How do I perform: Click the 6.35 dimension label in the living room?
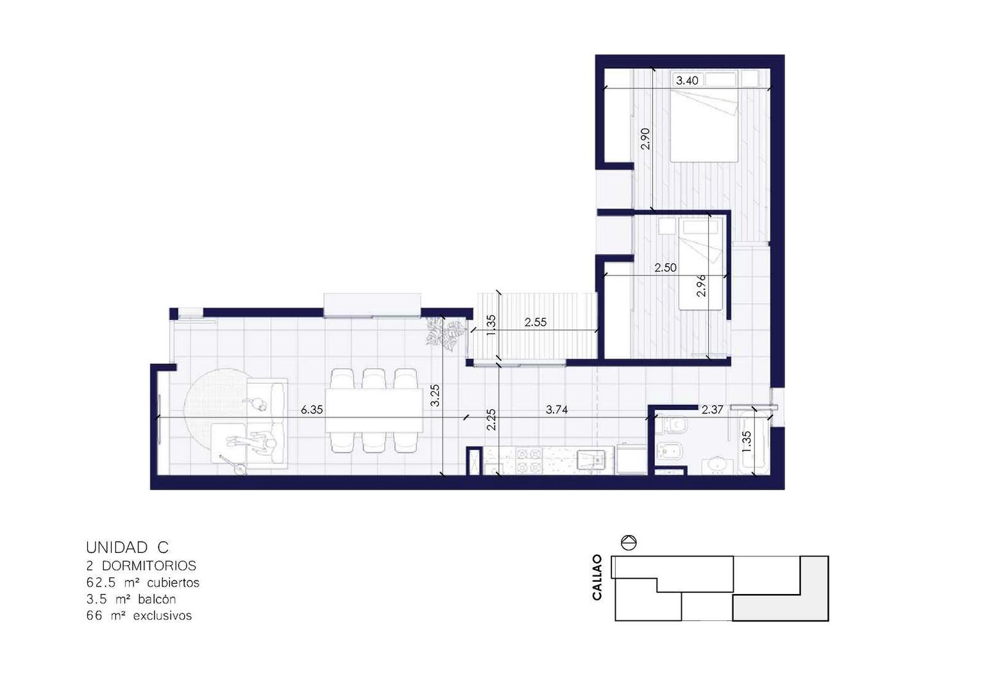312,409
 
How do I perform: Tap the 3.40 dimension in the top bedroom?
687,81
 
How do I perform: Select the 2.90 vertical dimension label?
645,139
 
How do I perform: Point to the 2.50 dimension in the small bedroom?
666,268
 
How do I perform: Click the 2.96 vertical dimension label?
701,286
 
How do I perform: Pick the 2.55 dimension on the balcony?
536,322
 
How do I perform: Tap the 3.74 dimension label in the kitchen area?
557,409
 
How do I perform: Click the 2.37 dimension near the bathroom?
712,409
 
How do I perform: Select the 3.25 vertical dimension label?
434,395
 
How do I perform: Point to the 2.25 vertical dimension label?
491,420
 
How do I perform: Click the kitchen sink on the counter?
592,459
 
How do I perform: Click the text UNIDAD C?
127,547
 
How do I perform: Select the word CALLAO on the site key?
597,577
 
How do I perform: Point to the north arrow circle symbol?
629,543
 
